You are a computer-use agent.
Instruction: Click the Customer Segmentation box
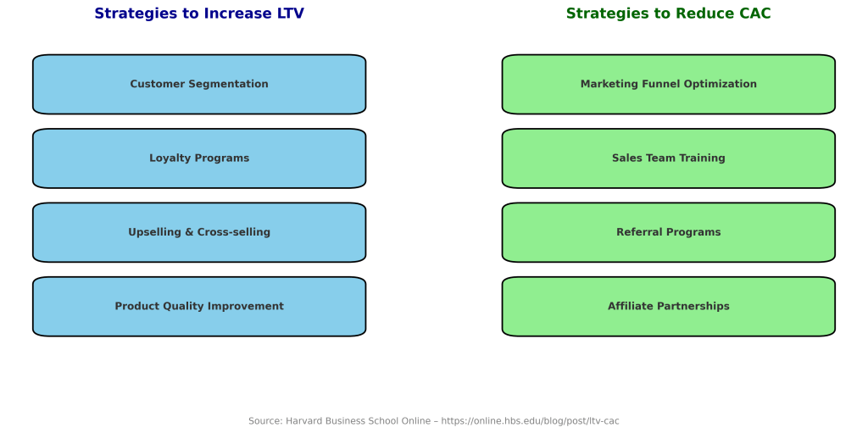click(x=199, y=84)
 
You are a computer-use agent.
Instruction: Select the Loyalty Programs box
click(x=199, y=158)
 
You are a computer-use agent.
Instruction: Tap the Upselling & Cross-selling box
click(x=199, y=232)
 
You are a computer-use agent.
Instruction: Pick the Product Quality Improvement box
click(x=199, y=306)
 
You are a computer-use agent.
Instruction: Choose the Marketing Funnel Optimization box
click(x=669, y=84)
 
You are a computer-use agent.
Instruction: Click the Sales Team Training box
click(x=669, y=158)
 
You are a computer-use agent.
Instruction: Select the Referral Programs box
click(x=669, y=232)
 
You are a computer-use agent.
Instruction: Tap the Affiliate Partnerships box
click(x=669, y=306)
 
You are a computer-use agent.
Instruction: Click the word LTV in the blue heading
click(x=291, y=14)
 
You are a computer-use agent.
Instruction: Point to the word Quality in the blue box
click(x=181, y=307)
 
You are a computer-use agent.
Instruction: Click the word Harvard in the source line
click(x=303, y=421)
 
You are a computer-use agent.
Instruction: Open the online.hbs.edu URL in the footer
click(x=530, y=421)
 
